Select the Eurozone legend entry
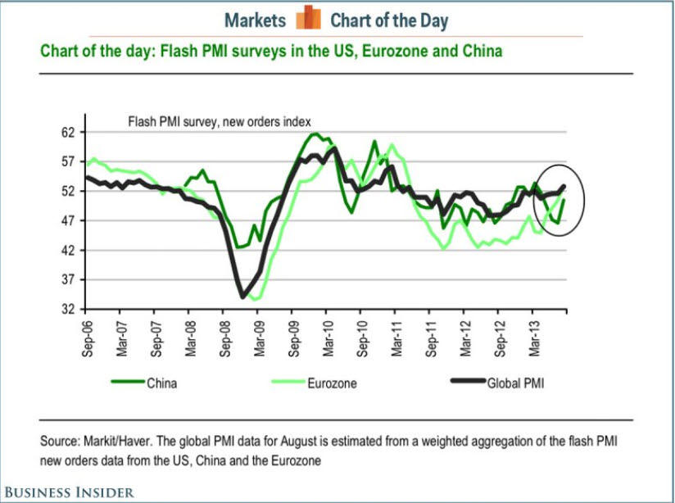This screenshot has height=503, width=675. pos(331,382)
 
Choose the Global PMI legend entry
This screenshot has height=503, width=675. pos(515,382)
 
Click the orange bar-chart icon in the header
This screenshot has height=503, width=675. pos(308,18)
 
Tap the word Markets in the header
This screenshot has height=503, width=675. pos(254,20)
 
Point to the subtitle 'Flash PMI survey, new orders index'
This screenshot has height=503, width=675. pos(219,121)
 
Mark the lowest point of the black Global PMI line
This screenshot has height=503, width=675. pos(243,297)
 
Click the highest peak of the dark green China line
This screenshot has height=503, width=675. pos(315,134)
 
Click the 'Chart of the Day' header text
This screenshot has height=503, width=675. pos(389,20)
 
